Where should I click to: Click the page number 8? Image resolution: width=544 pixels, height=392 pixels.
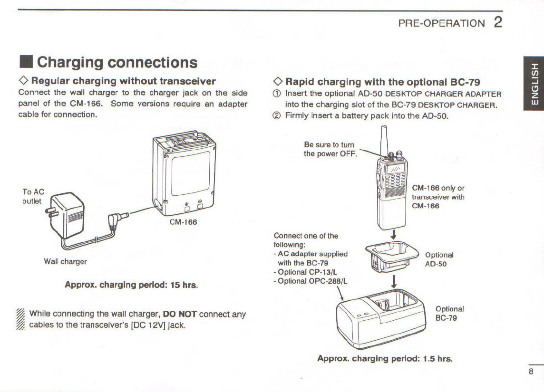point(531,372)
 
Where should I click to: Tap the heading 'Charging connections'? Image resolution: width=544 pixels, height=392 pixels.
point(117,62)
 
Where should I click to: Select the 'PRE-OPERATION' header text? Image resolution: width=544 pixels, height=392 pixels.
point(441,23)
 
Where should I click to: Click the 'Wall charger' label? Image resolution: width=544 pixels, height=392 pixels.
point(65,261)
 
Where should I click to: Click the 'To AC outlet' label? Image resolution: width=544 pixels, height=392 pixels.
point(33,196)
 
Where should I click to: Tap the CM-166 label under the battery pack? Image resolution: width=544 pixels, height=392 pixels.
point(183,222)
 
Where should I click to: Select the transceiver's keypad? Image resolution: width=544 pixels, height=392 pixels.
point(395,180)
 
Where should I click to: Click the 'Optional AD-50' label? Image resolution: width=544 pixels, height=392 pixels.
point(439,259)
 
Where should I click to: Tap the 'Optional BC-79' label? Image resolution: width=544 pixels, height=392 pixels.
point(449,313)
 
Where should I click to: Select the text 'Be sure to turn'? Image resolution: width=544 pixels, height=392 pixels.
point(329,145)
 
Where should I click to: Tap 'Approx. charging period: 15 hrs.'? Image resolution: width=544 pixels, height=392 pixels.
point(131,285)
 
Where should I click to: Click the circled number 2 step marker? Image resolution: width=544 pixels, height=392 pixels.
point(278,115)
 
